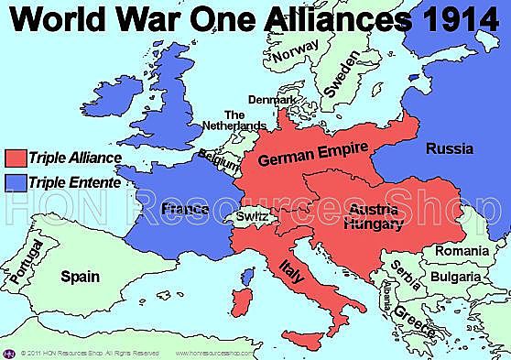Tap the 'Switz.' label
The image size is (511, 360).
[251, 216]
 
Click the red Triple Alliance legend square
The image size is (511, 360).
[14, 158]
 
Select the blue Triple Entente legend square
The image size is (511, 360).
[14, 181]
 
